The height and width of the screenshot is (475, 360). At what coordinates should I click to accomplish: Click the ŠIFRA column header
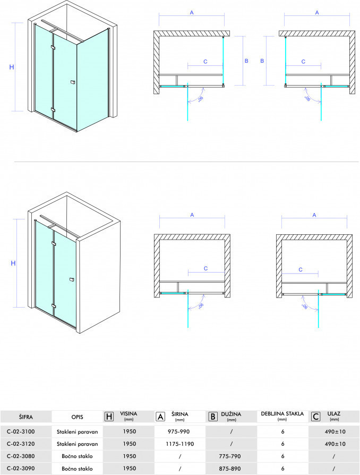tap(25, 417)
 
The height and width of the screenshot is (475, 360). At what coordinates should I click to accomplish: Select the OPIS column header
tap(77, 417)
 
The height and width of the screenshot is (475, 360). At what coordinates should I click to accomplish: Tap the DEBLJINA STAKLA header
tap(282, 414)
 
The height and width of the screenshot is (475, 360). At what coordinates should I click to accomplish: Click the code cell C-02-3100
tap(21, 431)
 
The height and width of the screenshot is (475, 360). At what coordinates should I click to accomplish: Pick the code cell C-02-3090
tap(21, 468)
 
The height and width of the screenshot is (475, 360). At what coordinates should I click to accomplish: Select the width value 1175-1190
tap(180, 444)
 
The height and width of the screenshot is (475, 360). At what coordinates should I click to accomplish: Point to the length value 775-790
tap(230, 456)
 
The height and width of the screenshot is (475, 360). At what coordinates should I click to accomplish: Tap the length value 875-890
tap(230, 468)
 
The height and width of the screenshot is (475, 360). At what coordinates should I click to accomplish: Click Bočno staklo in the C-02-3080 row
tap(77, 456)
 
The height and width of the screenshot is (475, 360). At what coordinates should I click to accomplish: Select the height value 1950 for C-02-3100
tap(129, 431)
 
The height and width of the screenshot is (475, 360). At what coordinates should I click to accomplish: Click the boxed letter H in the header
tap(109, 417)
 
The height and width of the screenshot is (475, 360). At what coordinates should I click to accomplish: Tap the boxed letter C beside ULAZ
tap(316, 417)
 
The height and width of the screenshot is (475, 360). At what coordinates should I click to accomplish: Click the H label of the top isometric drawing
tap(12, 67)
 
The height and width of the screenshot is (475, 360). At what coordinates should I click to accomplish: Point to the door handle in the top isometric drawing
tap(72, 82)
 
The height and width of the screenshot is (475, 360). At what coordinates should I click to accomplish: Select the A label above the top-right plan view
tap(317, 12)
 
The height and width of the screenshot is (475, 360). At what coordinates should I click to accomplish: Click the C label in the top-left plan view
tap(205, 62)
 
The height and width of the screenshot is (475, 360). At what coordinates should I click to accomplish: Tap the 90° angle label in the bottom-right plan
tap(305, 307)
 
